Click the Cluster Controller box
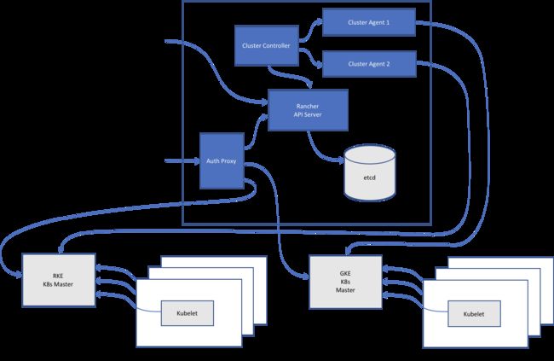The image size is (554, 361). (x=267, y=45)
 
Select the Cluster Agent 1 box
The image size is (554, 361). (x=369, y=22)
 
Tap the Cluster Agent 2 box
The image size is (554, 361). (x=369, y=64)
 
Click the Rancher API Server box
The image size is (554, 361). (x=308, y=110)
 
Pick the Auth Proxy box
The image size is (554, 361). (x=222, y=160)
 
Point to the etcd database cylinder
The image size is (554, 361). (x=370, y=172)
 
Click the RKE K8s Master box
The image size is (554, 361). (x=59, y=280)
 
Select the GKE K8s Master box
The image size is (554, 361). (x=345, y=282)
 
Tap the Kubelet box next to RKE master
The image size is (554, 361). (x=188, y=313)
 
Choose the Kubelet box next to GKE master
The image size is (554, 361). (x=474, y=314)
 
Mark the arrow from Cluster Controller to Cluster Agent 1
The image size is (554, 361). (x=310, y=30)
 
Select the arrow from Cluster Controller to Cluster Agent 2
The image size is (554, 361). (x=310, y=58)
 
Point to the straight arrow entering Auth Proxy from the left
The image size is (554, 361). (x=182, y=161)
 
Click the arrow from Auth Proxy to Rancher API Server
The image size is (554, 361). (x=255, y=131)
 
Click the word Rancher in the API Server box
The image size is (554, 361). (x=308, y=106)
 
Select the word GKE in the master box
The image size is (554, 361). (x=345, y=273)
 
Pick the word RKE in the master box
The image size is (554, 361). (x=58, y=276)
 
